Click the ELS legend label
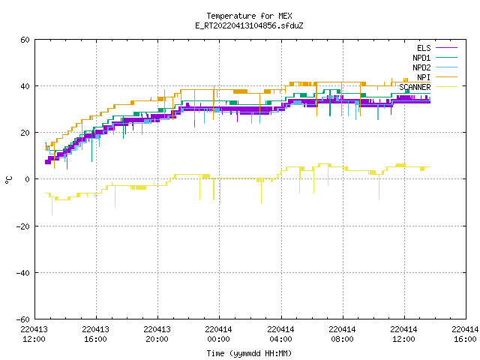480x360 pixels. [x=424, y=48]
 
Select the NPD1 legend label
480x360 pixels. [x=421, y=58]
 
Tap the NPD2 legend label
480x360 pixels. [x=421, y=67]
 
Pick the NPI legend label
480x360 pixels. [x=424, y=77]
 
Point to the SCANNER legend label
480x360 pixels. [x=415, y=87]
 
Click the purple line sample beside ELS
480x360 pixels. [x=446, y=48]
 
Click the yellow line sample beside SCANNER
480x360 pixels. [x=446, y=87]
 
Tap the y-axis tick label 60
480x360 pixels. [x=25, y=40]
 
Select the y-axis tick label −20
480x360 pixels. [x=22, y=226]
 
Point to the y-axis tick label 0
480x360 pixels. [x=28, y=179]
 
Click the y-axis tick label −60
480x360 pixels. [x=22, y=319]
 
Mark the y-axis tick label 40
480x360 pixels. [x=25, y=86]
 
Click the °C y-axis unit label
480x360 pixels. [x=8, y=180]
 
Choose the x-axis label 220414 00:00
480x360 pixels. [x=218, y=334]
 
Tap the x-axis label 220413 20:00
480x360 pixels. [x=157, y=334]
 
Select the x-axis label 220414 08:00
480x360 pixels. [x=342, y=334]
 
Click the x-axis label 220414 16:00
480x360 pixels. [x=465, y=334]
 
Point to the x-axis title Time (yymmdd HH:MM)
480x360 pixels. [x=249, y=353]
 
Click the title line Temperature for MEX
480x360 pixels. [x=249, y=16]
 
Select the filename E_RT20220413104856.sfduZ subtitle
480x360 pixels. [x=249, y=25]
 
